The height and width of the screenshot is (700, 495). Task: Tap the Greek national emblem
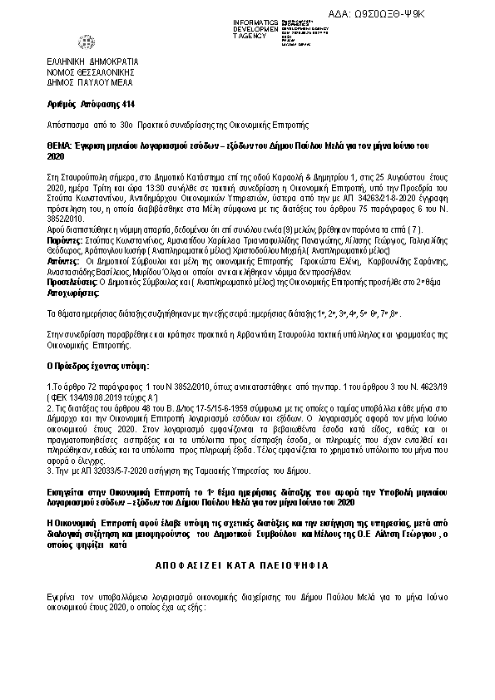(x=87, y=42)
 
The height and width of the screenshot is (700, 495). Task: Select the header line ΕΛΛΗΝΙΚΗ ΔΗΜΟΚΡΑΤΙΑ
(x=92, y=62)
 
